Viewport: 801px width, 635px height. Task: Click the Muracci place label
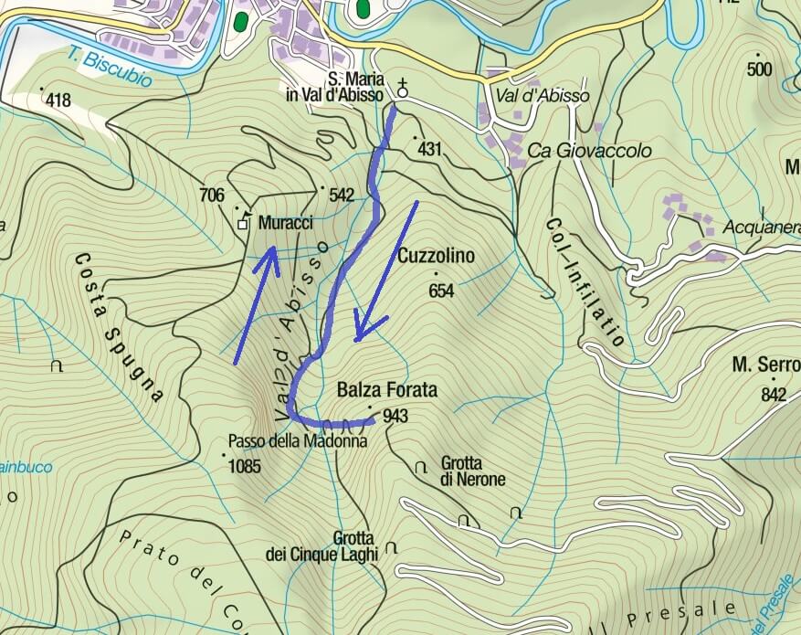point(286,223)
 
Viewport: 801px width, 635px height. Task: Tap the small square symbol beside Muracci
point(243,223)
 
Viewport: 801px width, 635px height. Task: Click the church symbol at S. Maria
point(402,90)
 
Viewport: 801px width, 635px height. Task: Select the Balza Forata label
point(386,390)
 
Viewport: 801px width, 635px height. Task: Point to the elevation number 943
point(395,417)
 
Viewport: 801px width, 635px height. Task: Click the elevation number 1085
point(245,466)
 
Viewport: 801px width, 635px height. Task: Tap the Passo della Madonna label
point(297,440)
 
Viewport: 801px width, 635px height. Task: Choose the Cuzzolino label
point(436,257)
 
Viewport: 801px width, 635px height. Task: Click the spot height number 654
point(441,291)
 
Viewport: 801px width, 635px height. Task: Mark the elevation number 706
point(211,194)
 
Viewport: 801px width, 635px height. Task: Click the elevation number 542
point(341,195)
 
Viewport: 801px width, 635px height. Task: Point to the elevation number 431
point(428,147)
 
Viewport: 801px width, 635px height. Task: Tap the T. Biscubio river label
point(110,68)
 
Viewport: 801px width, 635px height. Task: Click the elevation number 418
point(57,100)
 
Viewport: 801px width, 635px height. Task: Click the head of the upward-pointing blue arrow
point(271,250)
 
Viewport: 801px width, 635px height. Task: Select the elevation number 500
point(759,69)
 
